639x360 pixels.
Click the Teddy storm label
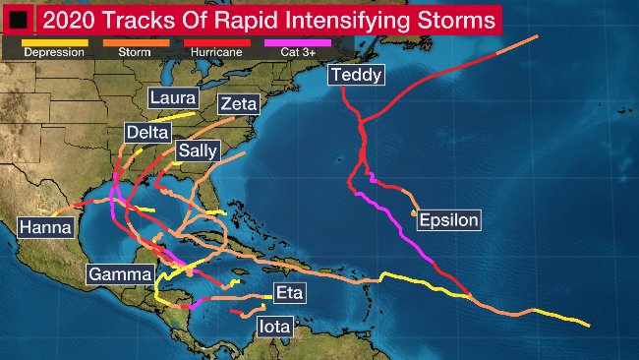tap(356, 75)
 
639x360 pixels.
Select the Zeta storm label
tap(240, 104)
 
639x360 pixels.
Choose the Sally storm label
tap(198, 150)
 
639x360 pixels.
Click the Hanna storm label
tap(45, 227)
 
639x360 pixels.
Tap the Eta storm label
tap(289, 292)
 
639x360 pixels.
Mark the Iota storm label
tap(274, 326)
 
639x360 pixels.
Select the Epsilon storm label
tap(448, 220)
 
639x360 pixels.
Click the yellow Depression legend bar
tap(54, 42)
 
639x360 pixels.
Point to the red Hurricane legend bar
tap(216, 42)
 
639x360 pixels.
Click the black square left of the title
tap(18, 20)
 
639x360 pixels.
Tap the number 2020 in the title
tap(74, 20)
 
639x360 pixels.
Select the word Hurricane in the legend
tap(215, 52)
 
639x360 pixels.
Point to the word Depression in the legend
tap(54, 52)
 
